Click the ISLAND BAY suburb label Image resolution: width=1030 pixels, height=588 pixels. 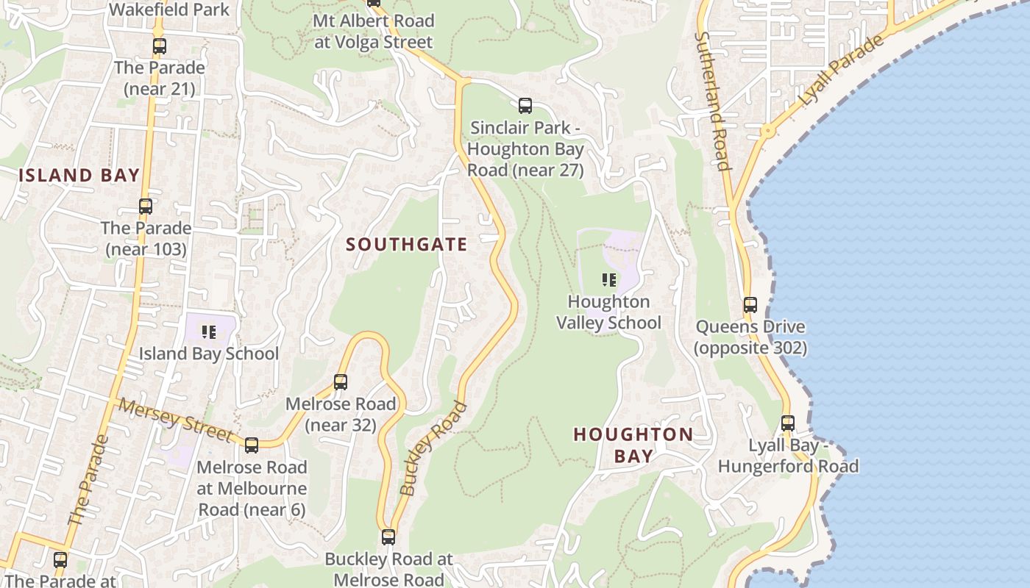(x=79, y=175)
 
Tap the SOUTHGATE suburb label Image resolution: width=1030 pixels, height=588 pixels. (x=407, y=245)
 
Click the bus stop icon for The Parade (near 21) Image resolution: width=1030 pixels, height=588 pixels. (x=160, y=46)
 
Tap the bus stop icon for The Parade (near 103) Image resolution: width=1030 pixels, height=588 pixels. (x=146, y=207)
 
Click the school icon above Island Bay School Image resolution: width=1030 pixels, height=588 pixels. (x=209, y=332)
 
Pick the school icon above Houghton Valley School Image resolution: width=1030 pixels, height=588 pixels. (x=608, y=280)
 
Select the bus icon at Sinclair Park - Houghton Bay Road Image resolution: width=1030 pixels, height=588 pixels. (x=525, y=106)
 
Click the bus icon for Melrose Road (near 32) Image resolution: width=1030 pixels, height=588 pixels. (x=340, y=382)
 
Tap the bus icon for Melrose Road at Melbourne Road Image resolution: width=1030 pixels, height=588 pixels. (x=252, y=445)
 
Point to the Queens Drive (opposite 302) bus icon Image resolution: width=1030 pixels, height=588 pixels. (x=750, y=305)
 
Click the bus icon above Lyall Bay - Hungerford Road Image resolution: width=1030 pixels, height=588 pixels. (x=788, y=424)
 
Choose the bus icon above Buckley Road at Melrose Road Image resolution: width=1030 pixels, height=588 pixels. (x=388, y=537)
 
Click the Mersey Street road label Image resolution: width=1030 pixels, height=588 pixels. (x=177, y=421)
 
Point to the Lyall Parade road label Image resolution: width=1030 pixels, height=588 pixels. (x=842, y=71)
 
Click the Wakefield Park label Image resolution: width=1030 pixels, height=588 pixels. (x=169, y=10)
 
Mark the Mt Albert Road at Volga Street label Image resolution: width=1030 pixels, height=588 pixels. (x=374, y=32)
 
